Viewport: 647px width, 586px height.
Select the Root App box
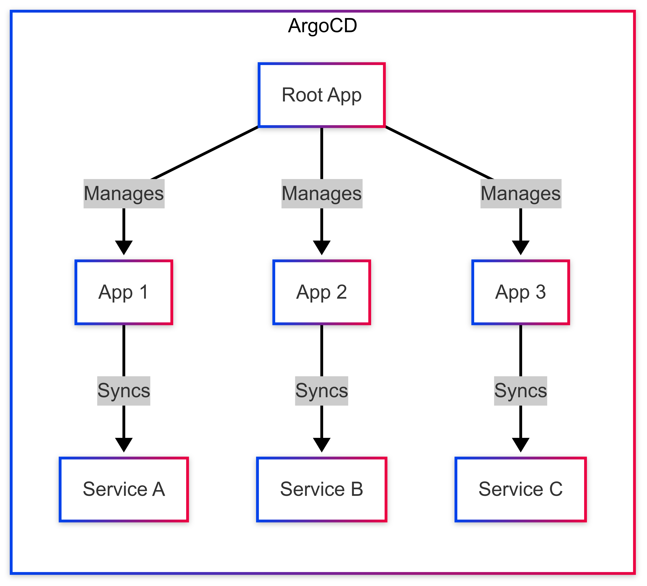(x=322, y=95)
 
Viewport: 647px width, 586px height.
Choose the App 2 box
(x=322, y=292)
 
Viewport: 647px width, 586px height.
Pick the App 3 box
(x=521, y=292)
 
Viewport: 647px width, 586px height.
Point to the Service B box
(x=322, y=489)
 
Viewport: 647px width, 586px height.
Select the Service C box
(x=521, y=489)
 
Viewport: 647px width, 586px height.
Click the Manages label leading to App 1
(x=124, y=194)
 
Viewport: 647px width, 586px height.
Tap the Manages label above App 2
(x=322, y=194)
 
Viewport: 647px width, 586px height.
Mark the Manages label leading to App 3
(x=521, y=194)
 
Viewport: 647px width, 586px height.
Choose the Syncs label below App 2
(x=322, y=391)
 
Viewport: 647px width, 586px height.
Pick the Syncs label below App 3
(x=521, y=391)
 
